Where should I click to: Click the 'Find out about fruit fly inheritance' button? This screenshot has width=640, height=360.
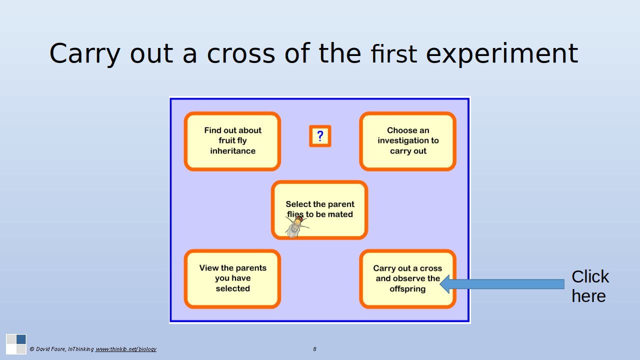[x=232, y=141]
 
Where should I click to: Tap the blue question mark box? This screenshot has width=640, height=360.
[x=320, y=136]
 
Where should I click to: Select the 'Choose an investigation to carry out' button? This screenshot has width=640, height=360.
[x=407, y=141]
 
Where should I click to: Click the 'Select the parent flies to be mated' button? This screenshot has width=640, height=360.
[x=319, y=209]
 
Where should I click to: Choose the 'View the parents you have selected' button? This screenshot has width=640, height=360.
[x=232, y=278]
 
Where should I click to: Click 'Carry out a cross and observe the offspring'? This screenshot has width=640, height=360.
[x=407, y=278]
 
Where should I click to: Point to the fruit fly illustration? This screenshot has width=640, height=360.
[x=297, y=227]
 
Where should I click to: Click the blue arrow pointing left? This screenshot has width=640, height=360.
[x=502, y=284]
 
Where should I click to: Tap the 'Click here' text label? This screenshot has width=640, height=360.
[x=590, y=286]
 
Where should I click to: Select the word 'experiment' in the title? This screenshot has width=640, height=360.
[x=502, y=54]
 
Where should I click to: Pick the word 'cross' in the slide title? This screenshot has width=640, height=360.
[x=241, y=54]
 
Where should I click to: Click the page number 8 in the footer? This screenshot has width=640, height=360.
[x=314, y=349]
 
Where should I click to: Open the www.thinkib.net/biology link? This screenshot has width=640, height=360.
[x=125, y=349]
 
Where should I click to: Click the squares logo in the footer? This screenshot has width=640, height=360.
[x=16, y=344]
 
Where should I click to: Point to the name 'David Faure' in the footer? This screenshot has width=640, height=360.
[x=51, y=349]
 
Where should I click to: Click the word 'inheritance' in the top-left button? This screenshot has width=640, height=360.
[x=233, y=151]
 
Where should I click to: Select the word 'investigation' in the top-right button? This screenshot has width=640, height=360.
[x=408, y=140]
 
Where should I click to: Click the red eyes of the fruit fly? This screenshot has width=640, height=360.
[x=298, y=219]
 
